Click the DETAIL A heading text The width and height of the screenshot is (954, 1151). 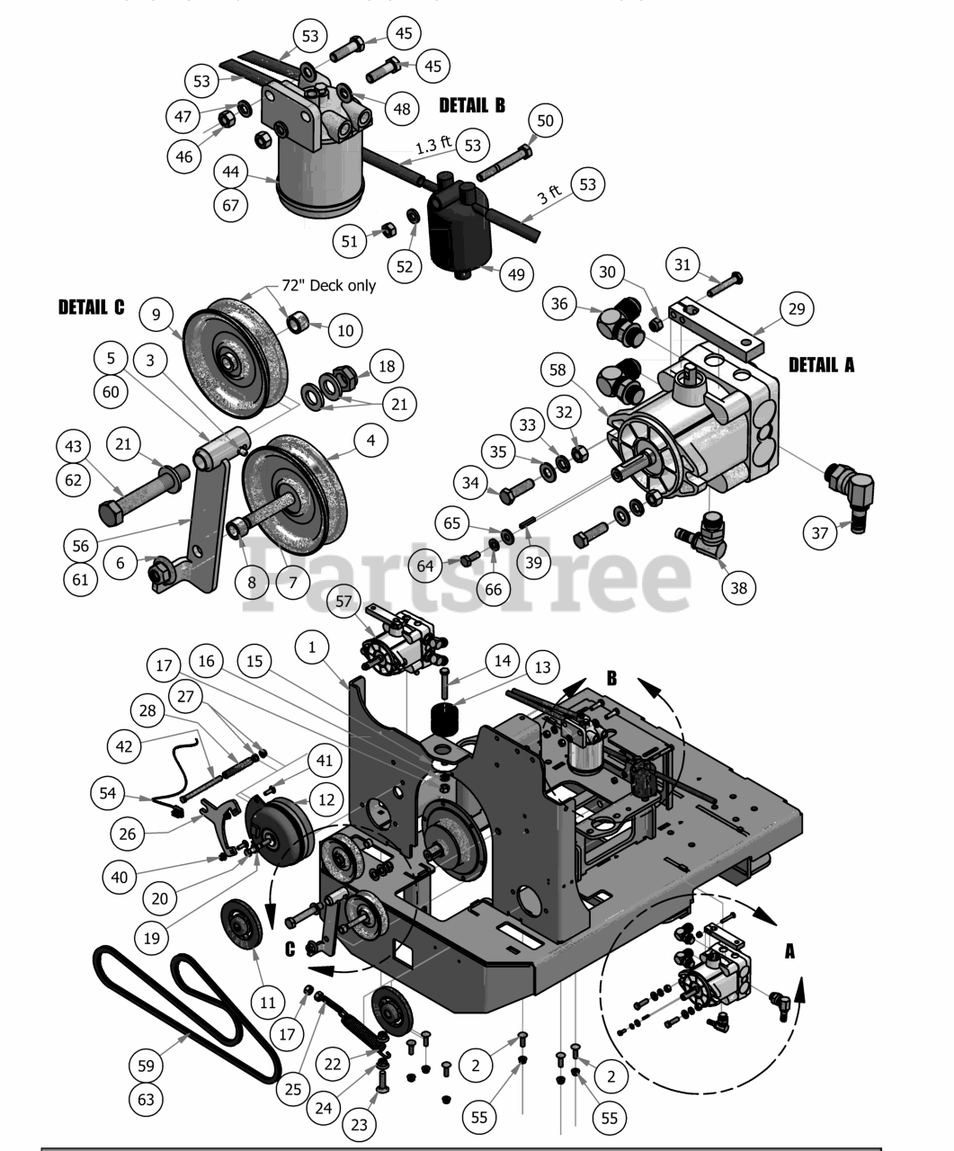[821, 365]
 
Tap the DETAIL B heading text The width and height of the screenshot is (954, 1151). [472, 106]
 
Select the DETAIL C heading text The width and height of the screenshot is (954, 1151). [92, 308]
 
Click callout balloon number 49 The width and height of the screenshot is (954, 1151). [515, 274]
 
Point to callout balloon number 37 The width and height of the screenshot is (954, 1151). [820, 533]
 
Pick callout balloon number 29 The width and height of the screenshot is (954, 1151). [796, 308]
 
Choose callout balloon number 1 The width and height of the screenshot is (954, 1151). [312, 647]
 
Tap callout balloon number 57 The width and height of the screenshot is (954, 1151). [343, 601]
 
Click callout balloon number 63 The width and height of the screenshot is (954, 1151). [147, 1099]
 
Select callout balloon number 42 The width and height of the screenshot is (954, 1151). [125, 746]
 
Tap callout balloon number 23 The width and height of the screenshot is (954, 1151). [360, 1124]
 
